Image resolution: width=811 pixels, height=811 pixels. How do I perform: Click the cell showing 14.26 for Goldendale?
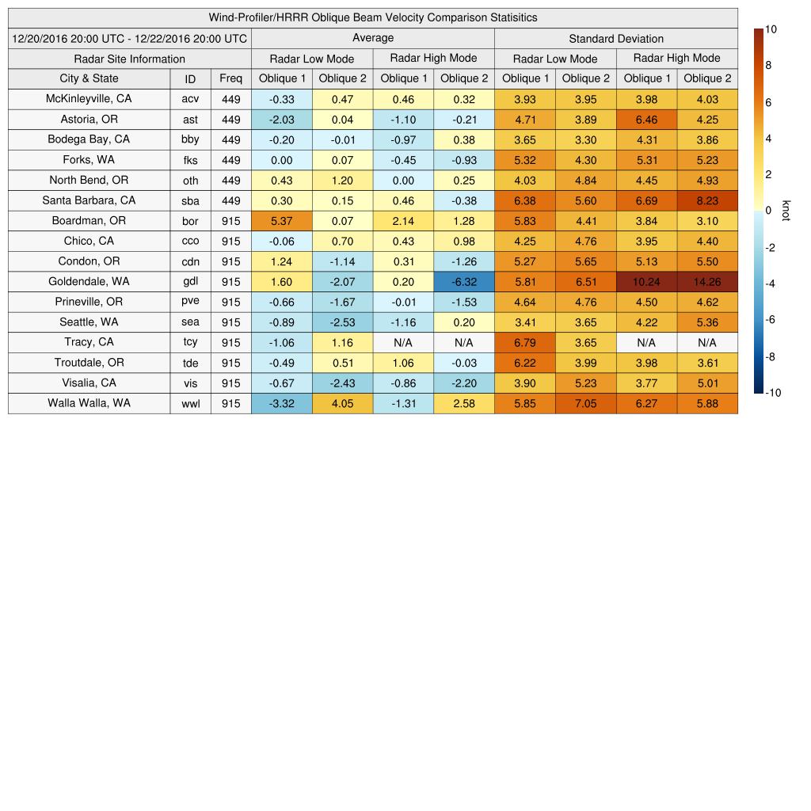707,281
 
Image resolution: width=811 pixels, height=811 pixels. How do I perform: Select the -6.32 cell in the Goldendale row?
464,281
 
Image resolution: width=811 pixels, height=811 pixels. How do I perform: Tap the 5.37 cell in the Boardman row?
281,220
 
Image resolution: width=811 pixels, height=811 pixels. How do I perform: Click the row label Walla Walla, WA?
89,402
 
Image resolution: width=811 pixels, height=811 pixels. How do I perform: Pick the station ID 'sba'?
190,200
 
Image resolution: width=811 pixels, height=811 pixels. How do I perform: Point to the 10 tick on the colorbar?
771,29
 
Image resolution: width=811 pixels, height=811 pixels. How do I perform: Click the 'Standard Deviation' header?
616,38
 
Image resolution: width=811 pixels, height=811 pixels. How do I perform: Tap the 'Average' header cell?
372,38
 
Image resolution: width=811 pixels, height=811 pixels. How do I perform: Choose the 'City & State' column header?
89,78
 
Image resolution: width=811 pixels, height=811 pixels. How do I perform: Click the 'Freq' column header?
230,78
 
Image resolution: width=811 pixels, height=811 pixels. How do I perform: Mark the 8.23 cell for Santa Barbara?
707,200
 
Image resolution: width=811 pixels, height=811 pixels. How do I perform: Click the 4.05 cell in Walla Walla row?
342,402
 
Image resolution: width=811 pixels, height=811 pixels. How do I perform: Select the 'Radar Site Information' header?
129,59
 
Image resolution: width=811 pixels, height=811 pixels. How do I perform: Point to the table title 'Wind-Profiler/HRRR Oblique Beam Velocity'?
372,17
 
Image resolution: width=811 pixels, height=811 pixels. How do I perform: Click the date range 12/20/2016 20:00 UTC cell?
129,38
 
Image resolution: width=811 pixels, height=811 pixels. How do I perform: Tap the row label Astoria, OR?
89,120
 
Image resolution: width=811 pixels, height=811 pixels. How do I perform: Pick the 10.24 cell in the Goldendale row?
646,281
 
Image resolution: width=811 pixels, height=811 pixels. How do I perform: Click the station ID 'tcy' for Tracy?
190,342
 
